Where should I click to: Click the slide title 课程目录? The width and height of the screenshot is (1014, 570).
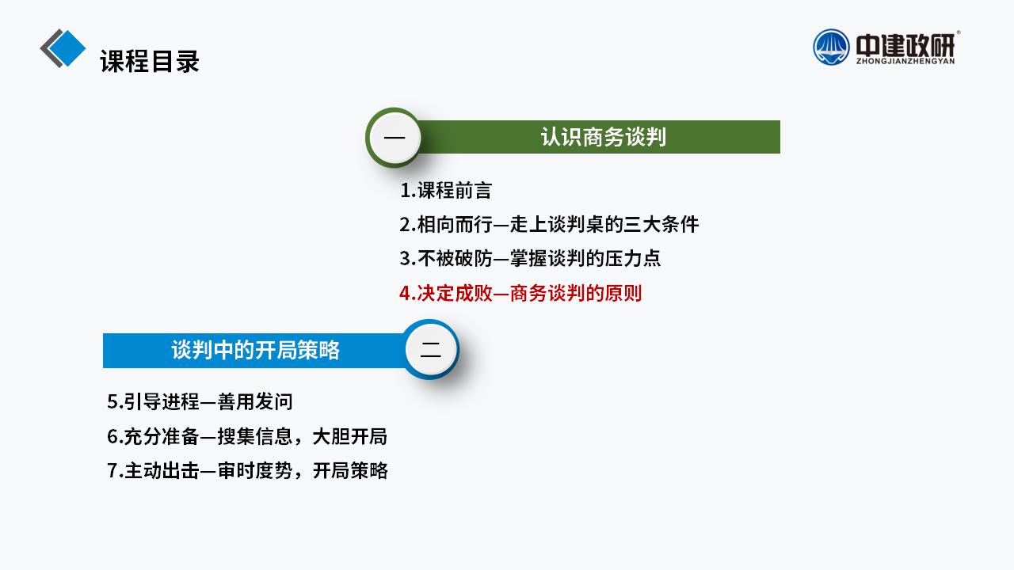coord(150,61)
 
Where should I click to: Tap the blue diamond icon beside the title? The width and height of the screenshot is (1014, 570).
coord(67,48)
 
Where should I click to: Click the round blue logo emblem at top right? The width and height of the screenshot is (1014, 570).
coord(831,47)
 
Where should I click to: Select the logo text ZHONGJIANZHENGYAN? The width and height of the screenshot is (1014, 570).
coord(905,61)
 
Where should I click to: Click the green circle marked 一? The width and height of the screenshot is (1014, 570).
coord(394,137)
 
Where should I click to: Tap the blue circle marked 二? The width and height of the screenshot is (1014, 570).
coord(430,349)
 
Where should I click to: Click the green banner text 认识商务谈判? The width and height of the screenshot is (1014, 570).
coord(604,137)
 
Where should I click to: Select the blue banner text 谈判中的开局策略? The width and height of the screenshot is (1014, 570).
coord(255,350)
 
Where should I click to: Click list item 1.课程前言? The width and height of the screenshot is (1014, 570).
coord(446,191)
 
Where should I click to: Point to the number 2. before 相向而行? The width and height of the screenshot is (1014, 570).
coord(407,225)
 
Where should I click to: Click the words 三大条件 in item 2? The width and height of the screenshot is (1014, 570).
coord(661,225)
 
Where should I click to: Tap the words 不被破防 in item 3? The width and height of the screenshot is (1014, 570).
coord(455,259)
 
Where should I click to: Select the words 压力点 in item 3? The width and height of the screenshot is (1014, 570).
coord(632,259)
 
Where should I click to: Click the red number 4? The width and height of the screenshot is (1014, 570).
coord(407,294)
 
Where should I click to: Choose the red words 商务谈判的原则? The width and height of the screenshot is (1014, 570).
coord(576,293)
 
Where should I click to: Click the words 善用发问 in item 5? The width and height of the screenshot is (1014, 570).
coord(255,401)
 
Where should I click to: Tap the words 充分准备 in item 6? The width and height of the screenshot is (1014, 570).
coord(162,436)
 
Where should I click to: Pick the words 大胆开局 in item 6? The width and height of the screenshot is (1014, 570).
coord(350,436)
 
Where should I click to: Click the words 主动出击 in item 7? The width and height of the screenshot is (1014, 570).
coord(162,471)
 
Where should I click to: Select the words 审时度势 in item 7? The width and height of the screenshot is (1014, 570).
coord(255,471)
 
